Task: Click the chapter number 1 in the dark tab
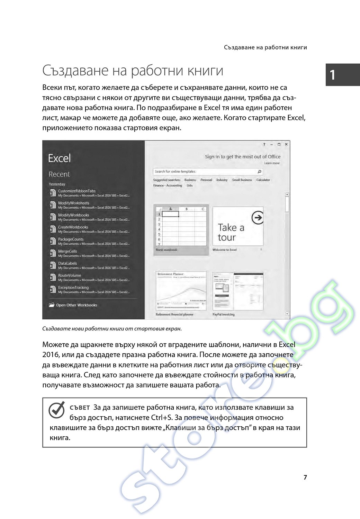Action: point(333,75)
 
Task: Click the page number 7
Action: point(305,477)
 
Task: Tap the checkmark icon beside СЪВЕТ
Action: point(57,410)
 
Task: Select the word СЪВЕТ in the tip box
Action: point(80,408)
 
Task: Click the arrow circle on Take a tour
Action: point(258,218)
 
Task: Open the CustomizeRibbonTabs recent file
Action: point(77,191)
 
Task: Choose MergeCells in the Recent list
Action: point(67,252)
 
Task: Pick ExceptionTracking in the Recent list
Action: point(73,288)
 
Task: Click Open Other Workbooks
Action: point(76,305)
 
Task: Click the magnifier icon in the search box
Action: point(259,172)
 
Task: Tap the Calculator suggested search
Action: point(263,180)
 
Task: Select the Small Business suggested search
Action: point(242,180)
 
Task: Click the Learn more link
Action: point(272,163)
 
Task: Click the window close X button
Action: point(286,145)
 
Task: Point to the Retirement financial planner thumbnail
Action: point(181,291)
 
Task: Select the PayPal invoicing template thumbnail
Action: point(238,291)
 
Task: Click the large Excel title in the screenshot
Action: point(59,158)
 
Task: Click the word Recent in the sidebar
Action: point(59,174)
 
